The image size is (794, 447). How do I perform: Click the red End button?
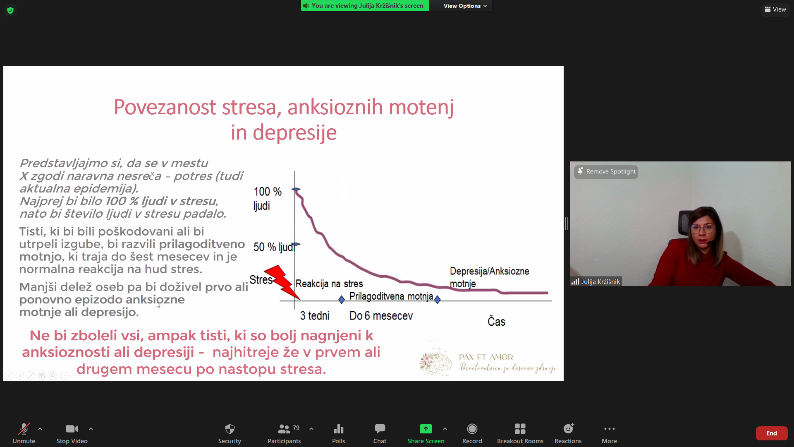[771, 433]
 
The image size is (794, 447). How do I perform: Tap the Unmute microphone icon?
[24, 429]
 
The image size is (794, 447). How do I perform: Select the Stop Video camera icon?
[72, 429]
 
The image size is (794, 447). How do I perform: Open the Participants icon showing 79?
[284, 429]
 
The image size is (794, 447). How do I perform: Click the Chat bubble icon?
[380, 429]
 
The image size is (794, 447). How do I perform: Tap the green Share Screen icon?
[426, 429]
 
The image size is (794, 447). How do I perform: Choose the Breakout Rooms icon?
[520, 429]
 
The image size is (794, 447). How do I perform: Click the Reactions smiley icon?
[568, 428]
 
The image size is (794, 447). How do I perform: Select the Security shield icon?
[230, 429]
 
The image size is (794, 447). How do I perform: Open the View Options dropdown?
[465, 6]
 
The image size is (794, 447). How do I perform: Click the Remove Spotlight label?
[611, 171]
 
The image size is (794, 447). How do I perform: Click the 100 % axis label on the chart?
[268, 192]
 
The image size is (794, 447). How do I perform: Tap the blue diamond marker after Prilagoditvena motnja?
[438, 299]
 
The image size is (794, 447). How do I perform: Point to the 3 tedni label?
[315, 316]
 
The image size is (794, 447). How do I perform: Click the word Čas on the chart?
[496, 321]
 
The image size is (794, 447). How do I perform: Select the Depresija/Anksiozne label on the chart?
[490, 271]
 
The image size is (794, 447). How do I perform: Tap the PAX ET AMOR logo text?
[486, 357]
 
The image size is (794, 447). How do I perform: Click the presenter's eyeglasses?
[702, 228]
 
